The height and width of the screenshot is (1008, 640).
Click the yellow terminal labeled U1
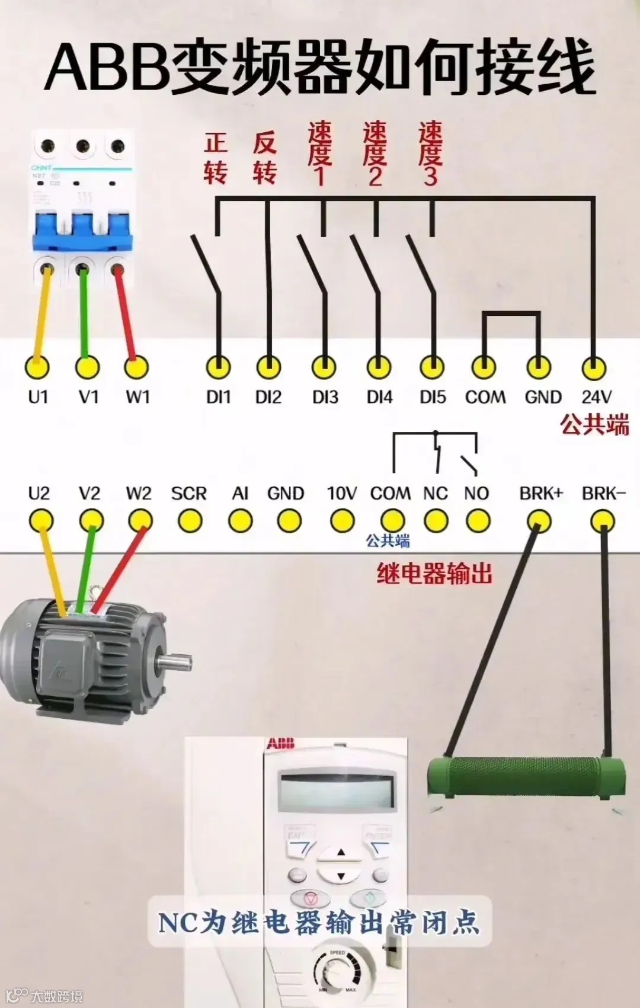click(37, 368)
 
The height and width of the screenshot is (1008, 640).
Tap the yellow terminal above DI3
click(324, 368)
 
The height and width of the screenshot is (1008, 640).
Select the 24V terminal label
click(596, 396)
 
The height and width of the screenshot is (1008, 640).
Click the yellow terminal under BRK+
click(539, 521)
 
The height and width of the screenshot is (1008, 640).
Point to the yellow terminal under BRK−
click(603, 521)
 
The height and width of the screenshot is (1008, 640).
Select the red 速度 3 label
click(431, 154)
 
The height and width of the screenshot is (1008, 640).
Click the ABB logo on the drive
click(280, 744)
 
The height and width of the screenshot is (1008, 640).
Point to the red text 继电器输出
click(434, 574)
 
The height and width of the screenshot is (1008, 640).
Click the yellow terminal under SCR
click(189, 521)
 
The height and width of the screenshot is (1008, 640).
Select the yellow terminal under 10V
click(342, 521)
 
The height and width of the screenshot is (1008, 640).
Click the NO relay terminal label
click(476, 493)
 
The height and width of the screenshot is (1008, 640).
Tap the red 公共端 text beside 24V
click(594, 425)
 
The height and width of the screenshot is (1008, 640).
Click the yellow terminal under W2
click(140, 521)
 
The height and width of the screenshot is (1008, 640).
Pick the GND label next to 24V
click(543, 396)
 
